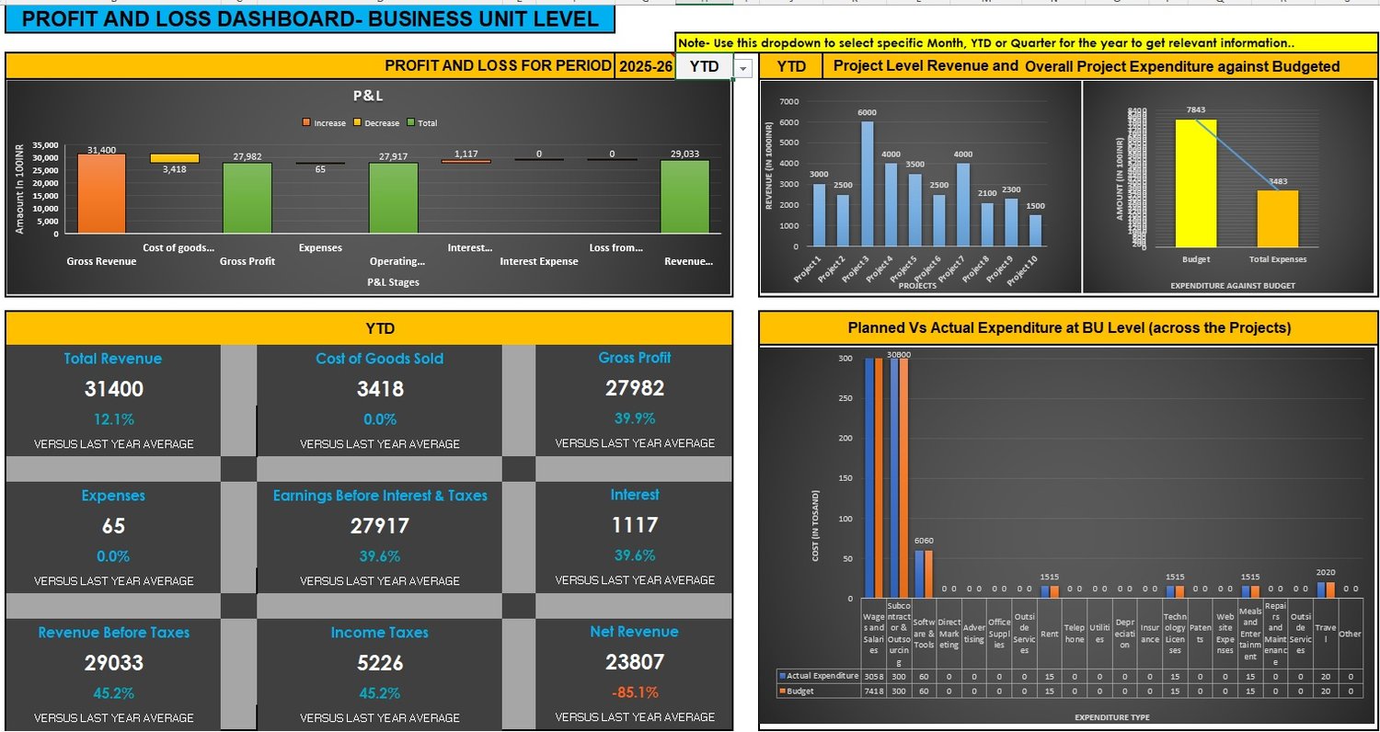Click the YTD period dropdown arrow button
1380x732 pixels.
pos(743,67)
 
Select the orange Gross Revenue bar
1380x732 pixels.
pos(101,193)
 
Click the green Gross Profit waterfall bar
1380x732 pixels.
pos(247,198)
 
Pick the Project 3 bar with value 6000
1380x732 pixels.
pos(868,184)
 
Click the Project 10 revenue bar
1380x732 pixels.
pos(1035,230)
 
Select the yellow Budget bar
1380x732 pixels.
pos(1196,184)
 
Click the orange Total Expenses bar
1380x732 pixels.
pos(1277,219)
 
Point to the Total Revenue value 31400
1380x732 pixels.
pos(113,389)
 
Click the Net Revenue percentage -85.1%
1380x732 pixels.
pos(634,692)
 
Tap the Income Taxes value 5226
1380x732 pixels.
pos(380,663)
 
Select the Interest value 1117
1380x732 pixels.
pos(634,525)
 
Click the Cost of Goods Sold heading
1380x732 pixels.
pos(380,359)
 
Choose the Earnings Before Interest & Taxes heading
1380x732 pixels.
pos(380,496)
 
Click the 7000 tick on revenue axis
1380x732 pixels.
pos(788,101)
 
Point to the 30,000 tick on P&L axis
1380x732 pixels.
pos(45,158)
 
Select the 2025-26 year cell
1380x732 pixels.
pos(645,66)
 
